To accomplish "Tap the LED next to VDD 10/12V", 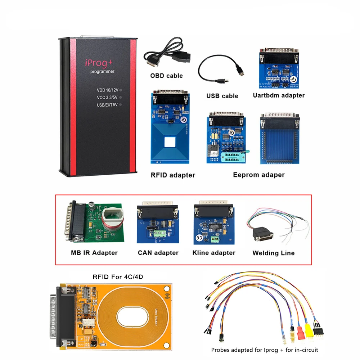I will point(121,90).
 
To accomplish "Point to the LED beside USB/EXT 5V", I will point(121,104).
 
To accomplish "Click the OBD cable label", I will point(166,76).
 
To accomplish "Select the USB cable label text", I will point(222,96).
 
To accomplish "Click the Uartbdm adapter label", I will point(279,95).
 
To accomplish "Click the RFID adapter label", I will point(173,175).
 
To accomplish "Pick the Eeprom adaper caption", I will point(258,175).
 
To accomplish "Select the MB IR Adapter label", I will point(94,253).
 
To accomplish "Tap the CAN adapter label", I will point(158,253).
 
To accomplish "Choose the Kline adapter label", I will point(214,253).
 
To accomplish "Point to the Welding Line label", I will point(274,253).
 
